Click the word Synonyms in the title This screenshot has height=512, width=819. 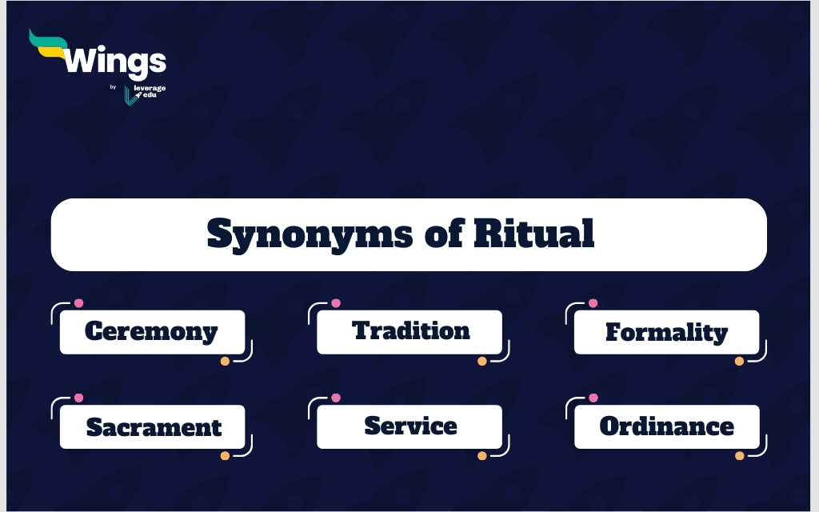point(310,234)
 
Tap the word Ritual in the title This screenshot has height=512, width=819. point(533,233)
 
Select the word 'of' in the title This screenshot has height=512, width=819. point(444,233)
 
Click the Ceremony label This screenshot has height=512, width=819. point(151,331)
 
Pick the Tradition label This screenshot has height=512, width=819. point(411,330)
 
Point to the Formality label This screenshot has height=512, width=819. point(666,332)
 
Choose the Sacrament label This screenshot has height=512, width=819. point(154,427)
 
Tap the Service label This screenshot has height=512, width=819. point(410,426)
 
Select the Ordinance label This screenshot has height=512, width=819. point(666,426)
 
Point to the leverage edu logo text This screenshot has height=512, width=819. point(150,91)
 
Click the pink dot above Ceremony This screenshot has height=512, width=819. point(79,303)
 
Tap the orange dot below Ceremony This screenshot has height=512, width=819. point(225,361)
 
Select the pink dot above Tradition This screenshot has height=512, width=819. point(336,303)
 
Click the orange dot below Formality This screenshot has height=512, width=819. point(739,361)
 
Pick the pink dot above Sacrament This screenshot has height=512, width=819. point(79,398)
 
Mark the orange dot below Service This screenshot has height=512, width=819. point(482,455)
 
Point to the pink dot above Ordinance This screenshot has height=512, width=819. point(593,398)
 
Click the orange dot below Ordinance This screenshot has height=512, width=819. point(740,455)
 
